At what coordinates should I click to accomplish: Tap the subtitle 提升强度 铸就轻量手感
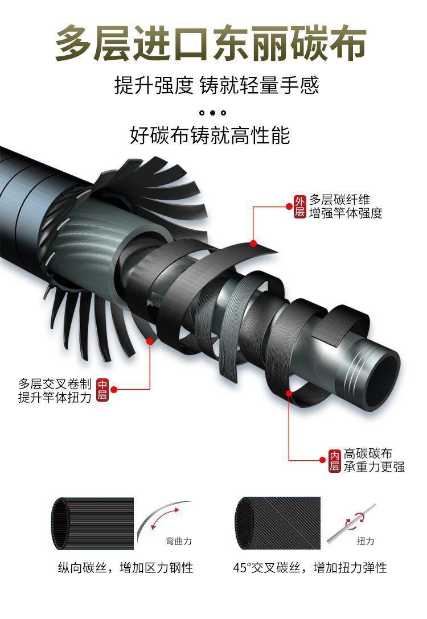(x=216, y=86)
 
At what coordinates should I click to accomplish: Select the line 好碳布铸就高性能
(x=210, y=135)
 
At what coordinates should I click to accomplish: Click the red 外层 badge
(x=300, y=207)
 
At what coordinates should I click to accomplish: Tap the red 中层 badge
(x=102, y=390)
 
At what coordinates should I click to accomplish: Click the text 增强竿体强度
(x=346, y=213)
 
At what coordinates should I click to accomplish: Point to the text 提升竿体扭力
(x=55, y=397)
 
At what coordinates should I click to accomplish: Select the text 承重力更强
(x=374, y=467)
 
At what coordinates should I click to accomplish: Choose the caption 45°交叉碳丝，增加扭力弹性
(x=310, y=568)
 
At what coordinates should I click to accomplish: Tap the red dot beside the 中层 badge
(x=114, y=390)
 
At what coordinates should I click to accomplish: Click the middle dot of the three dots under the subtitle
(x=213, y=113)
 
